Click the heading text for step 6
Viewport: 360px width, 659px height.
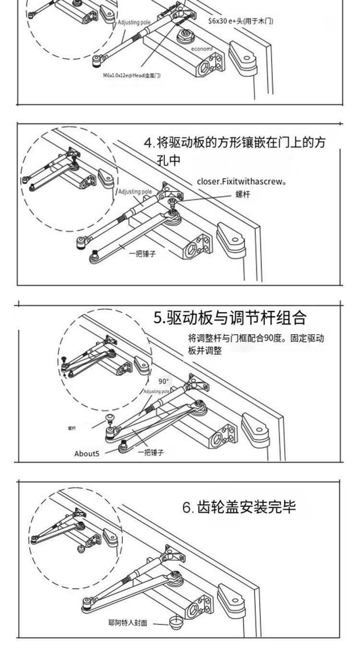[x=239, y=507]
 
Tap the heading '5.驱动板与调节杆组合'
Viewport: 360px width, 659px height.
[x=229, y=317]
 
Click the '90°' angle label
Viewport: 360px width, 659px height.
[x=164, y=382]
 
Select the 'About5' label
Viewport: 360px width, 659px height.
[x=87, y=453]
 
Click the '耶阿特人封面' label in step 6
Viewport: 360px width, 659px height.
[x=127, y=624]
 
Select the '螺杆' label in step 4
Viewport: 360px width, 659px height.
[x=242, y=194]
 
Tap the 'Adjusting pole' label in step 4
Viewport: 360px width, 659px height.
[x=135, y=192]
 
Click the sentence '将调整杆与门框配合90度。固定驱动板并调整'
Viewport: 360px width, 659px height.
[x=255, y=344]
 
